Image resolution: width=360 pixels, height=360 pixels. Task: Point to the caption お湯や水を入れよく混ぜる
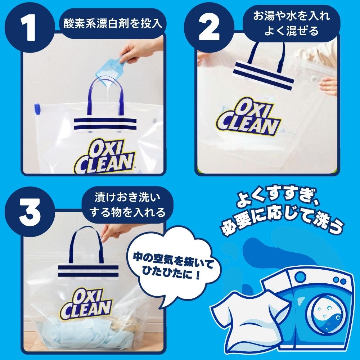(x=291, y=23)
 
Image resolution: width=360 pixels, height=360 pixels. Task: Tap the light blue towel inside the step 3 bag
(x=72, y=333)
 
